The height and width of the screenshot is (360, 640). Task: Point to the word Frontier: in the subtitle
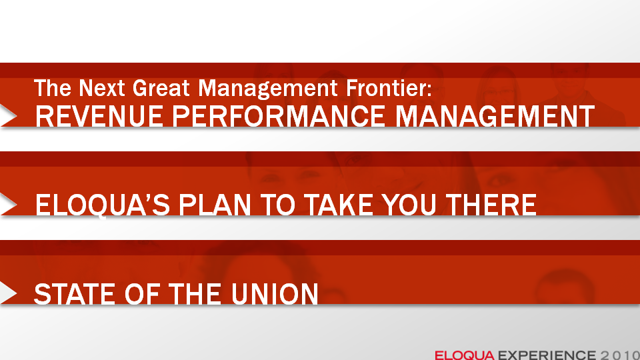tap(389, 88)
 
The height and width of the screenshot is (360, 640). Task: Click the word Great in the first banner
tap(161, 88)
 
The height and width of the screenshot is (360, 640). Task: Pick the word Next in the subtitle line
tap(101, 88)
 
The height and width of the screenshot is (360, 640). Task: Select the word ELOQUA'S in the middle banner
tap(103, 205)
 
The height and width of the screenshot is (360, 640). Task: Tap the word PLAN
tap(215, 205)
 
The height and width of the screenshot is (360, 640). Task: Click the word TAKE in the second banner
tap(339, 205)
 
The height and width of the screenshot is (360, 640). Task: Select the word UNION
tap(275, 294)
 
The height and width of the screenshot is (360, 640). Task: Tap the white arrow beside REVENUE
tap(8, 115)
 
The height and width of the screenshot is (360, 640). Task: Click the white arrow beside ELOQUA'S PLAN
tap(8, 204)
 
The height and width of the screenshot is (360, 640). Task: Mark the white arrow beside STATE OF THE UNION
tap(8, 293)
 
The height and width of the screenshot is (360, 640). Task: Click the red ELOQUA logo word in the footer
tap(465, 355)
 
